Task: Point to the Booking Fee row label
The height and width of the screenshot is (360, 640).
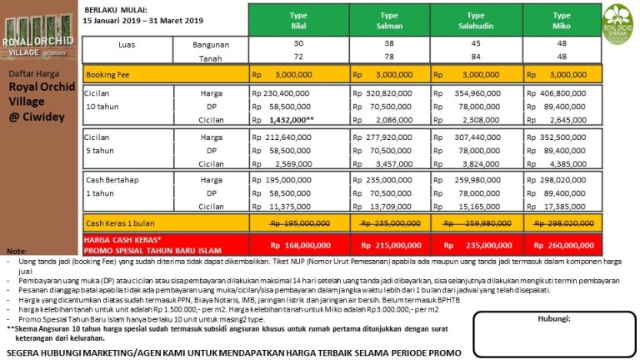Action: click(x=105, y=74)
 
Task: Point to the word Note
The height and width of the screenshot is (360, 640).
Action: click(x=16, y=251)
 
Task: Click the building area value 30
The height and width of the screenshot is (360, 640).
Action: click(x=299, y=44)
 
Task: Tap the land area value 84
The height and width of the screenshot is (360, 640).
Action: click(x=476, y=58)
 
